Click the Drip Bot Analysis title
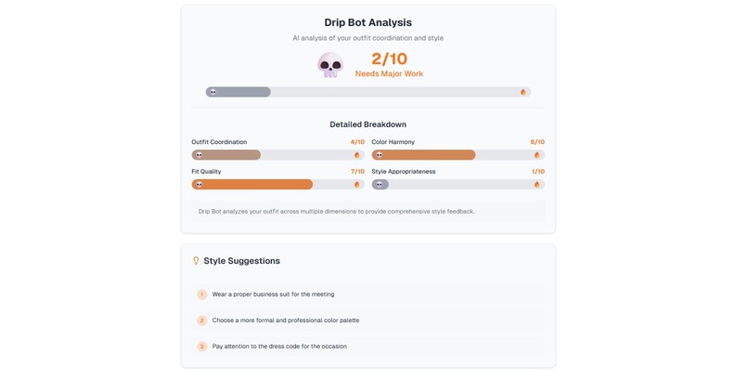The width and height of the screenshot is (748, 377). click(368, 22)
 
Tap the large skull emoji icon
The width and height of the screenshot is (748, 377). click(330, 64)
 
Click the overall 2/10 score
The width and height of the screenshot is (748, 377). click(389, 58)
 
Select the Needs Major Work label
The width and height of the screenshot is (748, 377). click(389, 74)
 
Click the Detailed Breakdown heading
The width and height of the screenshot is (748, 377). click(368, 124)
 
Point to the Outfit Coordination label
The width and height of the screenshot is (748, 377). click(219, 142)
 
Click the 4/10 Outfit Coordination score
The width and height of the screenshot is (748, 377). click(356, 142)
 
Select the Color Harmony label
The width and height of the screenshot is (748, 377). click(393, 142)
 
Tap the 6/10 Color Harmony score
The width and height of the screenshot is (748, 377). click(537, 142)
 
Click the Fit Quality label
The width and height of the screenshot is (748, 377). click(206, 172)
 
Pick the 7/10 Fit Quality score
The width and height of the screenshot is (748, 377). click(356, 172)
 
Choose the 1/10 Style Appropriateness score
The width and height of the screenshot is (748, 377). click(537, 172)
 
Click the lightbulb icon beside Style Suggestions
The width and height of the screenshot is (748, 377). click(196, 261)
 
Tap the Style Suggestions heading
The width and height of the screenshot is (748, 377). click(241, 261)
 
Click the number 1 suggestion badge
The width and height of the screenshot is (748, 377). click(201, 294)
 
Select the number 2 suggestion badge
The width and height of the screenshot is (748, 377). click(201, 320)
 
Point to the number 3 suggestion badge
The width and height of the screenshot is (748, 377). click(201, 346)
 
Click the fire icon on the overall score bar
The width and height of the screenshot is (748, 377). click(523, 92)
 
